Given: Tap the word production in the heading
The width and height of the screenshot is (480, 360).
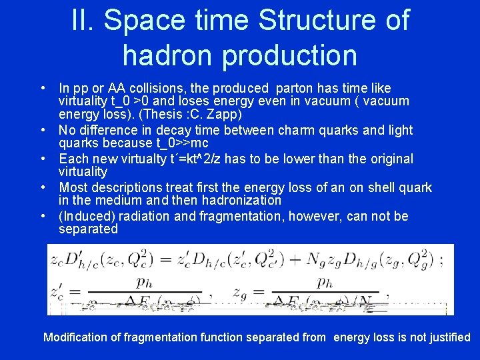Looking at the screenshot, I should (x=290, y=55).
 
